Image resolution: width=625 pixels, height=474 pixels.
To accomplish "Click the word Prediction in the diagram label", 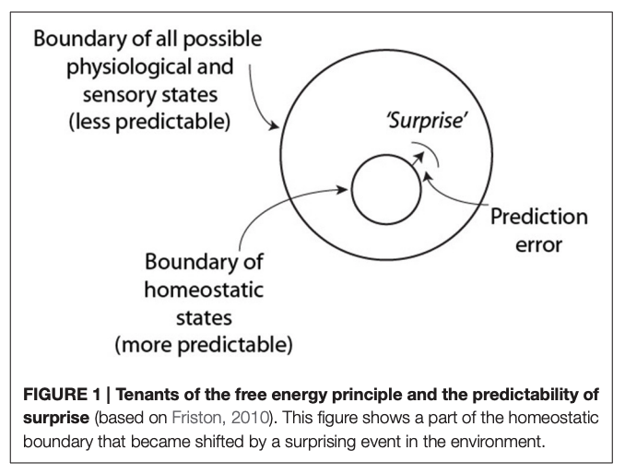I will point(538,218).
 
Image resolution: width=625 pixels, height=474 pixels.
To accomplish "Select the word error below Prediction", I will point(538,247).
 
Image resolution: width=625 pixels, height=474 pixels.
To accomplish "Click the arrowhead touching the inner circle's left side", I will point(347,192).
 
